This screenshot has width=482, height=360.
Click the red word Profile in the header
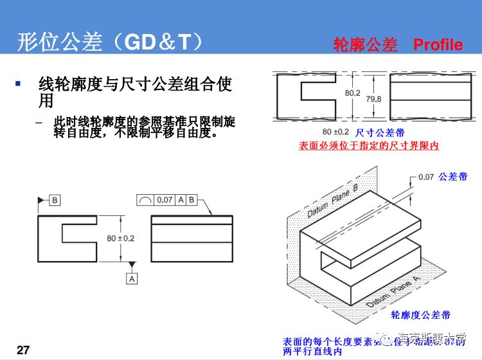point(438,44)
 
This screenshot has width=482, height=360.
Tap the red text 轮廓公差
point(365,44)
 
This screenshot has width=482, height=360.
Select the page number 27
point(23,350)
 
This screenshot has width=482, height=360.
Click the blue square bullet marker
point(18,84)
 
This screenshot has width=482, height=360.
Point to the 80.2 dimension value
point(353,93)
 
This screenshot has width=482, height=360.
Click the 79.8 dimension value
point(373,99)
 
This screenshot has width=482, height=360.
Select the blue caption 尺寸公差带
point(379,132)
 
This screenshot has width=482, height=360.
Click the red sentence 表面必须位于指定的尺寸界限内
point(369,146)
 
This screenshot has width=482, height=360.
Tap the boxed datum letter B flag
point(55,200)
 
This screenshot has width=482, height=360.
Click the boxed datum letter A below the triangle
point(132,278)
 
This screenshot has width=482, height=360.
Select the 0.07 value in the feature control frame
point(165,200)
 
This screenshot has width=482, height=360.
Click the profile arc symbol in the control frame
point(145,201)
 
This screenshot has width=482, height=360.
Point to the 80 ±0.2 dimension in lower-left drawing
point(121,238)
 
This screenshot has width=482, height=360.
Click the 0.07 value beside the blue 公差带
point(426,177)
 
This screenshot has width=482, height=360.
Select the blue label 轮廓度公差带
point(420,315)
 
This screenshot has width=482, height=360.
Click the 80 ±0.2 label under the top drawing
point(335,132)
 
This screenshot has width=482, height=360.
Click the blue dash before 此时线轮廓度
point(39,122)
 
